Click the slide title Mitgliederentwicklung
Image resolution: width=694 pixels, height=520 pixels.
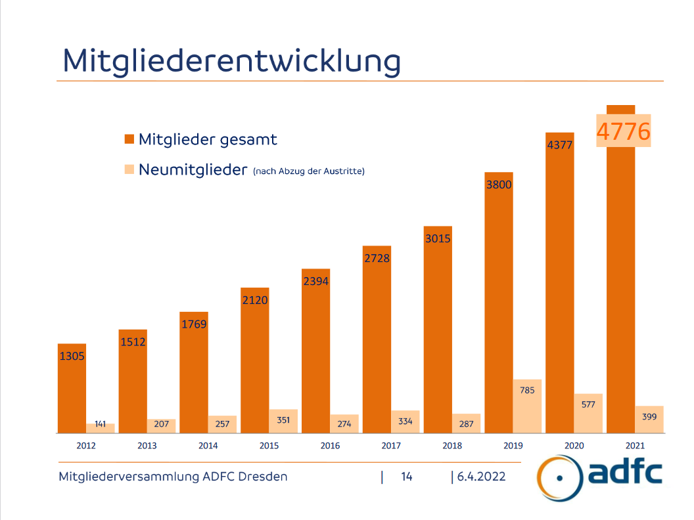231,60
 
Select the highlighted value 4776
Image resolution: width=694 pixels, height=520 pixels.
623,131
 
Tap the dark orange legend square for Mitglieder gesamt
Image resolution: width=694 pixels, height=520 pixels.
129,139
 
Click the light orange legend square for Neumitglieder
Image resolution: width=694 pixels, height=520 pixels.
129,170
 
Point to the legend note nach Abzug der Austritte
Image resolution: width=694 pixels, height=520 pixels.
308,171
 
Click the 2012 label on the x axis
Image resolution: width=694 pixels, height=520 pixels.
86,446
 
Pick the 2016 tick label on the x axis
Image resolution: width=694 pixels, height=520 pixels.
330,446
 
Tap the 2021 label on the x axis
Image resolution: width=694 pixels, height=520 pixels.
635,446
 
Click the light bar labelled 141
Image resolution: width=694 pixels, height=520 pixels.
101,428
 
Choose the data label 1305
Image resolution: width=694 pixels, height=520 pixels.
72,356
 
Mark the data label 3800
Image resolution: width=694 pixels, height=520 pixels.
499,184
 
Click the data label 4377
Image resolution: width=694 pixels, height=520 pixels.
560,145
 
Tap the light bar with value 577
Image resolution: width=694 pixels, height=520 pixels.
588,414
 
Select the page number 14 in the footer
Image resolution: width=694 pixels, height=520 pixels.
407,477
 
